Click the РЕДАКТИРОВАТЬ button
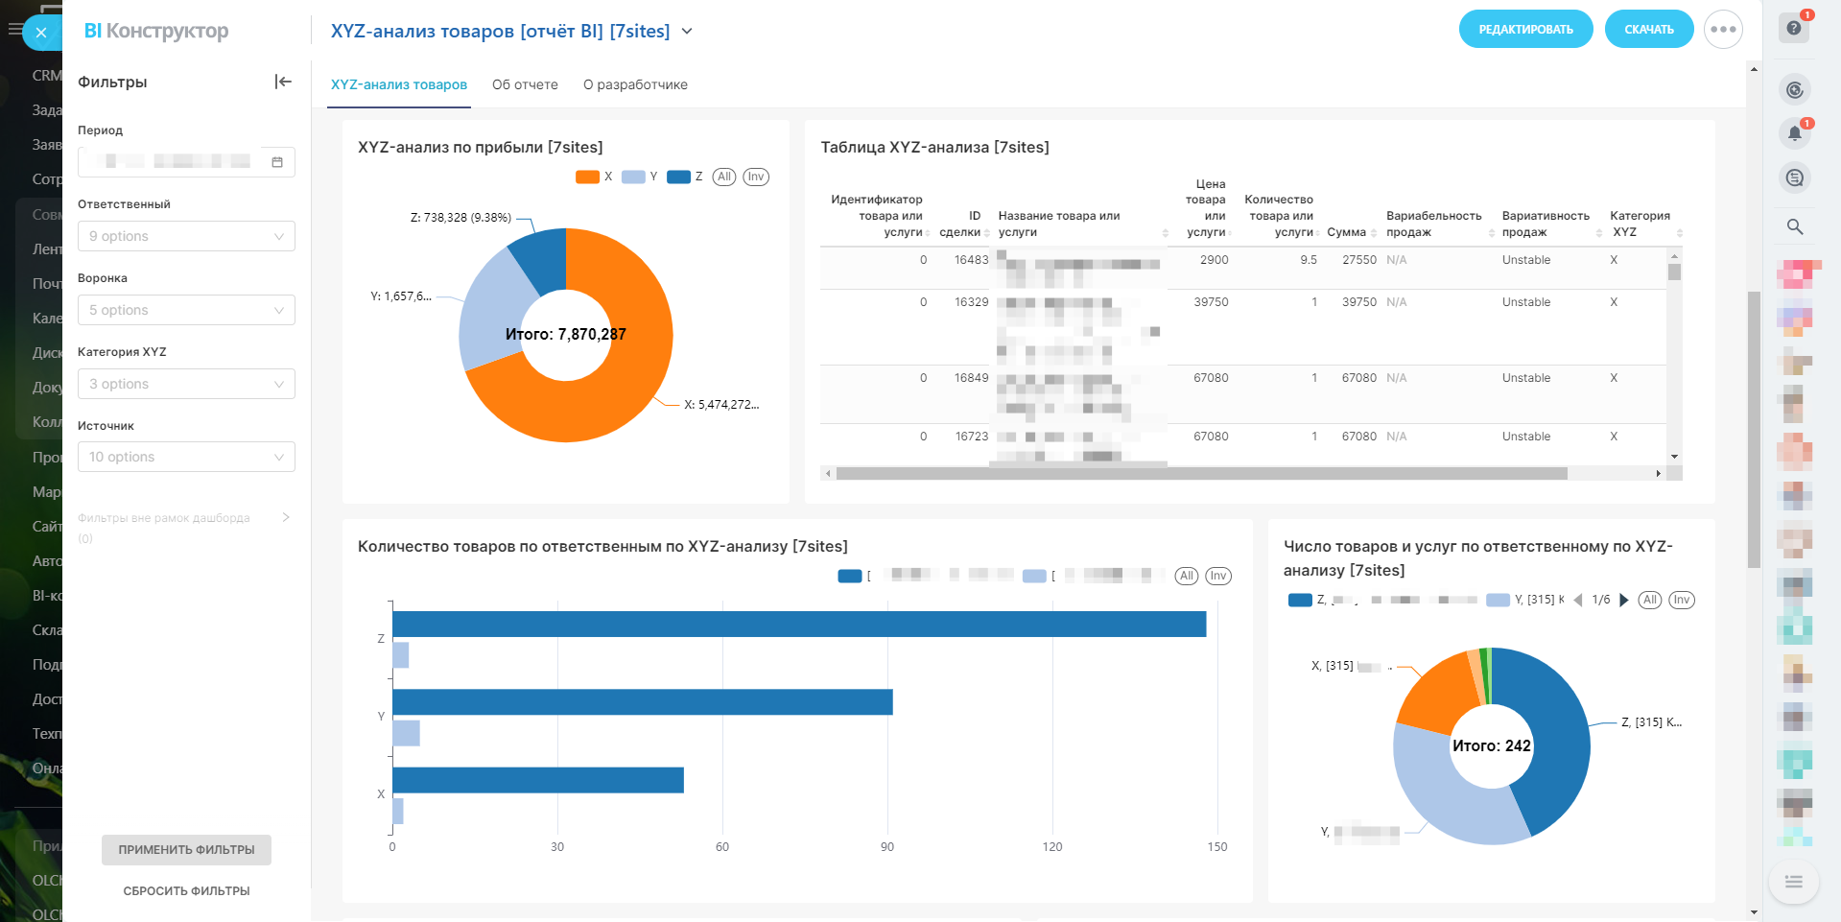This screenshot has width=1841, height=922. point(1525,30)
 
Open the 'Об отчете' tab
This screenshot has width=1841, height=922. point(525,84)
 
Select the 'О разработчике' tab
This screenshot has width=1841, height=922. point(635,84)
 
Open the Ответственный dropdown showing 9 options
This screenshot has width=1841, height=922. point(186,236)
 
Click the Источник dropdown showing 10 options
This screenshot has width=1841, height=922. point(186,457)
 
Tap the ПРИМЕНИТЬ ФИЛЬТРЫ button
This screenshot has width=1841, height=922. point(186,849)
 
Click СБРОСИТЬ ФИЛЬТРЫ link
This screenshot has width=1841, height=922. point(186,890)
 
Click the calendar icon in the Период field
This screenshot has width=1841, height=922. point(277,162)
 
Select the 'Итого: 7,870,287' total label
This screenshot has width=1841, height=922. point(565,334)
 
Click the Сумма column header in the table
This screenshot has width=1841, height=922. point(1346,232)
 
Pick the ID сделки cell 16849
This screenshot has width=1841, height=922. point(971,378)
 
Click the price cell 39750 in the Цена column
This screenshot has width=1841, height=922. point(1211,302)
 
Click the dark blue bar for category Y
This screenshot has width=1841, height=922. point(642,702)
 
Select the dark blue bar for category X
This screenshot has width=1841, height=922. point(537,780)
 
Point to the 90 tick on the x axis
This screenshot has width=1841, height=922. point(887,846)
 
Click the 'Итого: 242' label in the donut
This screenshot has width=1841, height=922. point(1491,745)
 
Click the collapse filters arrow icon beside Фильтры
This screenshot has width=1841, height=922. point(283,82)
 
